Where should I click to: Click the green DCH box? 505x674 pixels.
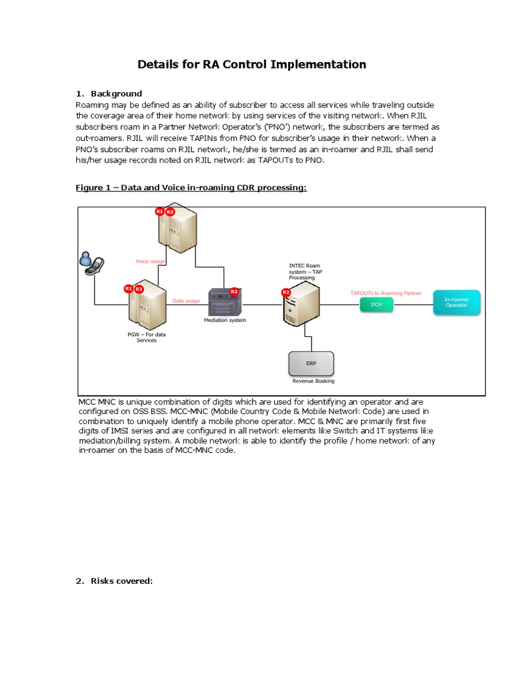(x=376, y=305)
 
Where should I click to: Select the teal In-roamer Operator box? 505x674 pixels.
(x=456, y=302)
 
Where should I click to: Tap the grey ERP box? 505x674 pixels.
(x=311, y=363)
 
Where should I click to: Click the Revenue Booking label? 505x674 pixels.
(x=314, y=381)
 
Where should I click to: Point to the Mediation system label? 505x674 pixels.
(x=225, y=320)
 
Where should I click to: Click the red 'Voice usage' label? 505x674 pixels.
(x=150, y=261)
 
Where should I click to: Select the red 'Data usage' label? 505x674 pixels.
(x=186, y=301)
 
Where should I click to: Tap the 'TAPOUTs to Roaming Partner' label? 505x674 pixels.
(x=386, y=293)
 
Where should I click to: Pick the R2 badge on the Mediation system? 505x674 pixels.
(x=234, y=291)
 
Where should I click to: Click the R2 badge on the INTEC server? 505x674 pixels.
(x=285, y=292)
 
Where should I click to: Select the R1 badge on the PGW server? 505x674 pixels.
(x=129, y=288)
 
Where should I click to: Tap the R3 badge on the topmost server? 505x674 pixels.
(x=170, y=212)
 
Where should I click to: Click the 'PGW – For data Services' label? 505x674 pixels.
(x=147, y=337)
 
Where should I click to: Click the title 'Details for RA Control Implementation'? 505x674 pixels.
(x=251, y=65)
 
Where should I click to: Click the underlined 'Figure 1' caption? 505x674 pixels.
(x=191, y=188)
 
